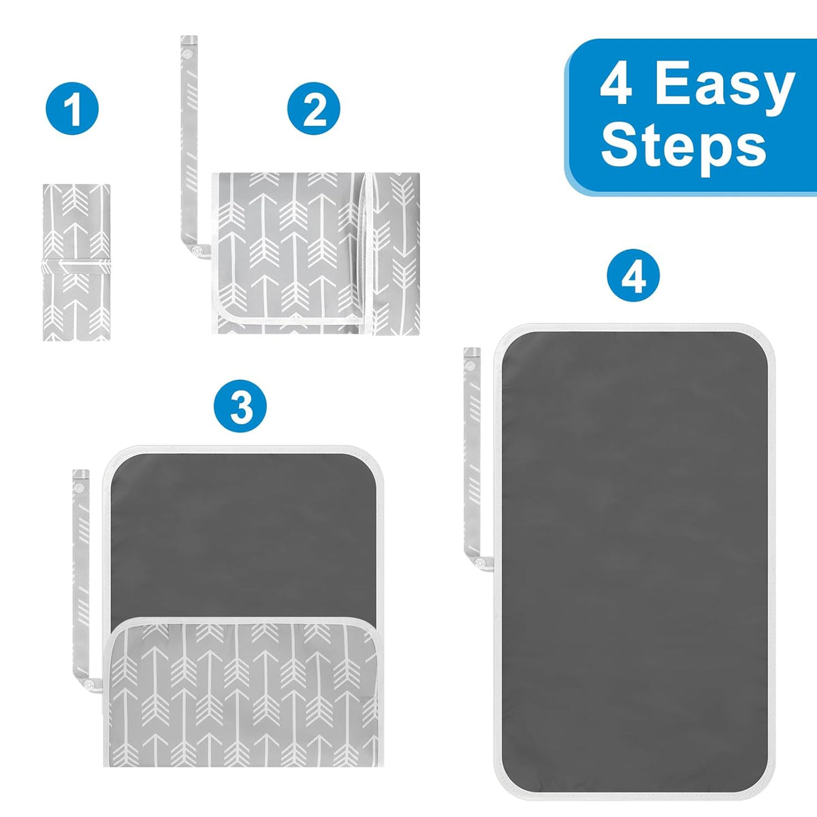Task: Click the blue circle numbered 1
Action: tap(72, 108)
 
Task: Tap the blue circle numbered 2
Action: tap(314, 108)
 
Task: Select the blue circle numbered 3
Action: tap(240, 406)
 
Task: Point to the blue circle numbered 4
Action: tap(633, 275)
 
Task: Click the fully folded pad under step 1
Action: tap(76, 262)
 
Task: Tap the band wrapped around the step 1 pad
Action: tap(76, 267)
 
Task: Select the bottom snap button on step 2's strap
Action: tap(197, 251)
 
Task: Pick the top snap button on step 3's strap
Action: tap(78, 487)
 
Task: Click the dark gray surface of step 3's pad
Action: tap(243, 534)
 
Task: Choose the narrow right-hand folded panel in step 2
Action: tap(395, 253)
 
